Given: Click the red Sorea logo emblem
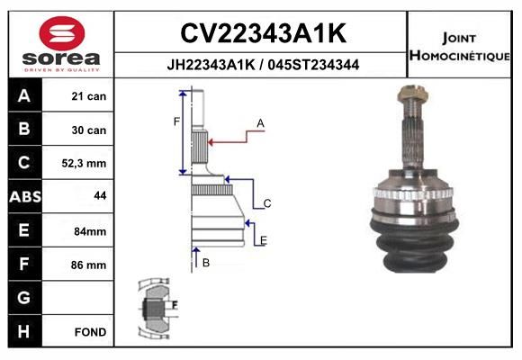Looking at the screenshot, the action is tap(62, 33).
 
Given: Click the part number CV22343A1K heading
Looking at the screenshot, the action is tap(264, 33).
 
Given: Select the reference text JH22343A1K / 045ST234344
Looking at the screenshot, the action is tap(263, 65).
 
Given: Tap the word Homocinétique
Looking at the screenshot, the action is tap(459, 55).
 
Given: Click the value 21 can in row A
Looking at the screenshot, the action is tap(89, 96).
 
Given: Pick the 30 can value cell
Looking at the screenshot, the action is tap(89, 130).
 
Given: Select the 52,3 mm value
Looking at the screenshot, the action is tap(84, 163).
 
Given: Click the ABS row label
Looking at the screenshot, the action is tap(25, 196).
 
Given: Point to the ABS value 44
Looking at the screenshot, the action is tap(100, 195).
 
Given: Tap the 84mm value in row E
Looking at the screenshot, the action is tap(90, 231).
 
